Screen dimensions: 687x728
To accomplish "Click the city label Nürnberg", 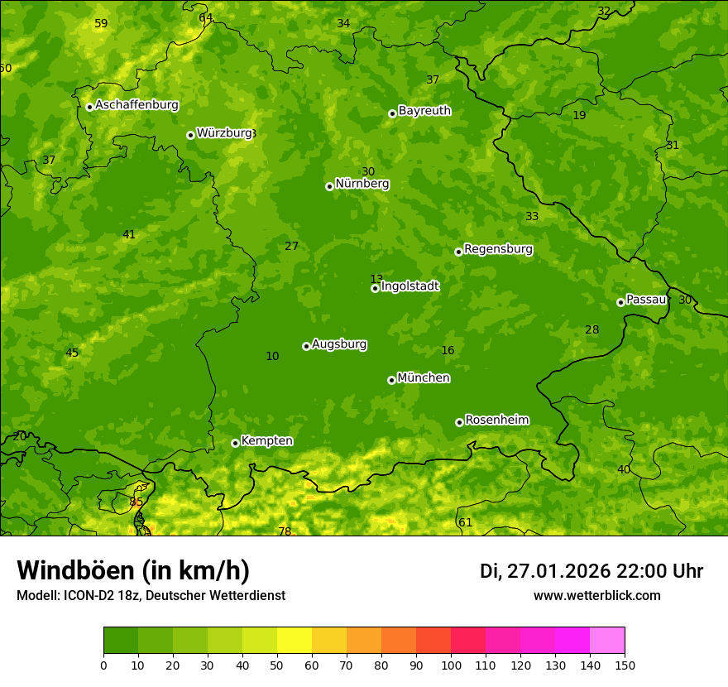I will (362, 184).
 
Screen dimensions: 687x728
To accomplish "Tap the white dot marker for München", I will (391, 380).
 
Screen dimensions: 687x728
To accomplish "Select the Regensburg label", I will (498, 249).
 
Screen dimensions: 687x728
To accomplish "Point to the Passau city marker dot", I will (620, 302).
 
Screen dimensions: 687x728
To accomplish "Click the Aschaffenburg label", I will (136, 105).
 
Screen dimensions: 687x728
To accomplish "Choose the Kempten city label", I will (266, 441).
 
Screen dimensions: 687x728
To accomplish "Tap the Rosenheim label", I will (496, 420).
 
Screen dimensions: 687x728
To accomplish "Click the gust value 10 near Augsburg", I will (272, 357).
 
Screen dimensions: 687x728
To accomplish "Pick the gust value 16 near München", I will (448, 351).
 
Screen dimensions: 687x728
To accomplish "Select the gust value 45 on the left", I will (72, 353).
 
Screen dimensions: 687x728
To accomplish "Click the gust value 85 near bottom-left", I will (136, 502).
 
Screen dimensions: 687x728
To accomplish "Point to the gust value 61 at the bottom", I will (465, 522).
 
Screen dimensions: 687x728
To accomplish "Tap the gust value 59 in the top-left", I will (101, 24).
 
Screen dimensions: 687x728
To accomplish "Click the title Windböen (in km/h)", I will (133, 570).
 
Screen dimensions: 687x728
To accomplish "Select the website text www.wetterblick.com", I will (596, 595).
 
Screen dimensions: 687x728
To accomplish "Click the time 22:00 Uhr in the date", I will (659, 571).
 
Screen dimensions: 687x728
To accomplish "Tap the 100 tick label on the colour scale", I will (451, 665).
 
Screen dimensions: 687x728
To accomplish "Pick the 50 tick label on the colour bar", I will (277, 665).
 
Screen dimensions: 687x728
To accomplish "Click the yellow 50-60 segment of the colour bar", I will (295, 641).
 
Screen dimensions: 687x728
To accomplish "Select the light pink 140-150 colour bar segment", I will (607, 641).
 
